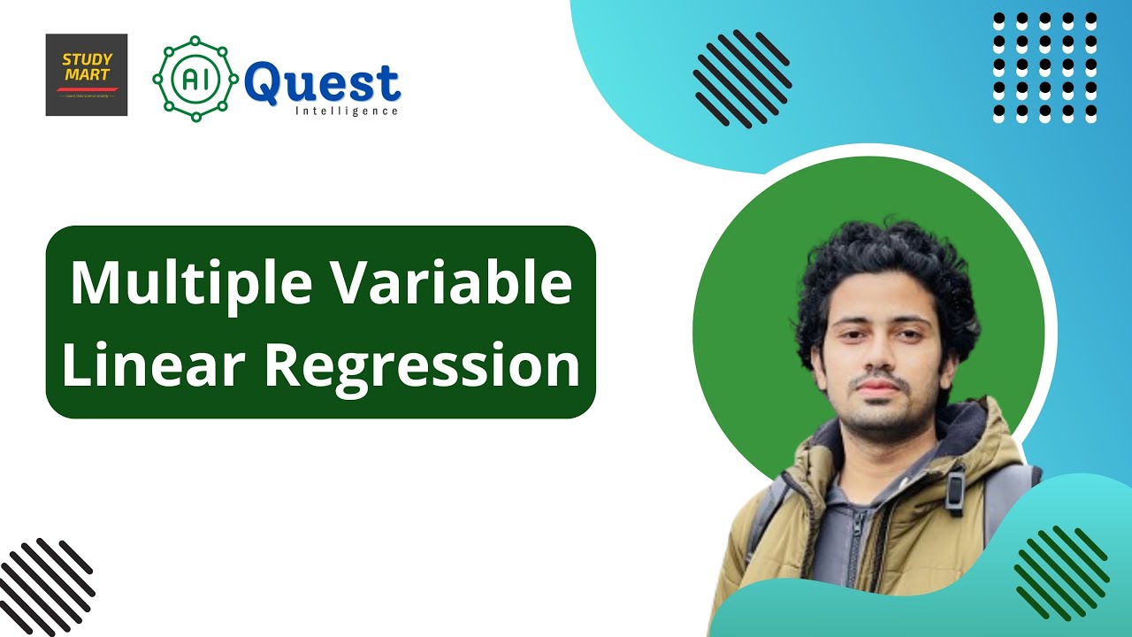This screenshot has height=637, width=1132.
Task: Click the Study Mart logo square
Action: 87,74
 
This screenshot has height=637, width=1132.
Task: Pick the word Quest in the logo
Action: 322,83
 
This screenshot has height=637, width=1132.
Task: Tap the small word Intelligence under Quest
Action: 346,111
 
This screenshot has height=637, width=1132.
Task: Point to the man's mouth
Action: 873,390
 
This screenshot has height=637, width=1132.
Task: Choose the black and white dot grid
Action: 1044,67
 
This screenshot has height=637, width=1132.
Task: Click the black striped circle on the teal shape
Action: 742,78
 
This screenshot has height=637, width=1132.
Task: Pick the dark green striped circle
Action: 1060,572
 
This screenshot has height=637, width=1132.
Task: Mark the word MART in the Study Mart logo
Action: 87,75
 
